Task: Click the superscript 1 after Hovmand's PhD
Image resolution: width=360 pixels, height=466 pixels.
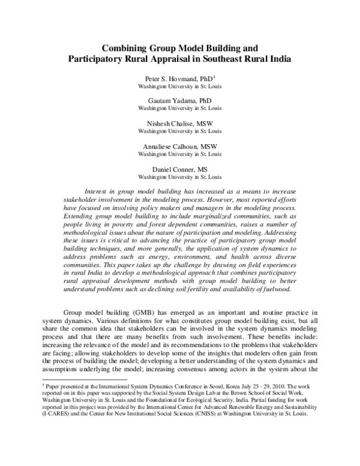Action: pyautogui.click(x=215, y=77)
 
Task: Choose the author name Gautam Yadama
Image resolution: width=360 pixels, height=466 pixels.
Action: pyautogui.click(x=173, y=100)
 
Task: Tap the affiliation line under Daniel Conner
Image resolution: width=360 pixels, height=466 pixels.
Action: pyautogui.click(x=180, y=169)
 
